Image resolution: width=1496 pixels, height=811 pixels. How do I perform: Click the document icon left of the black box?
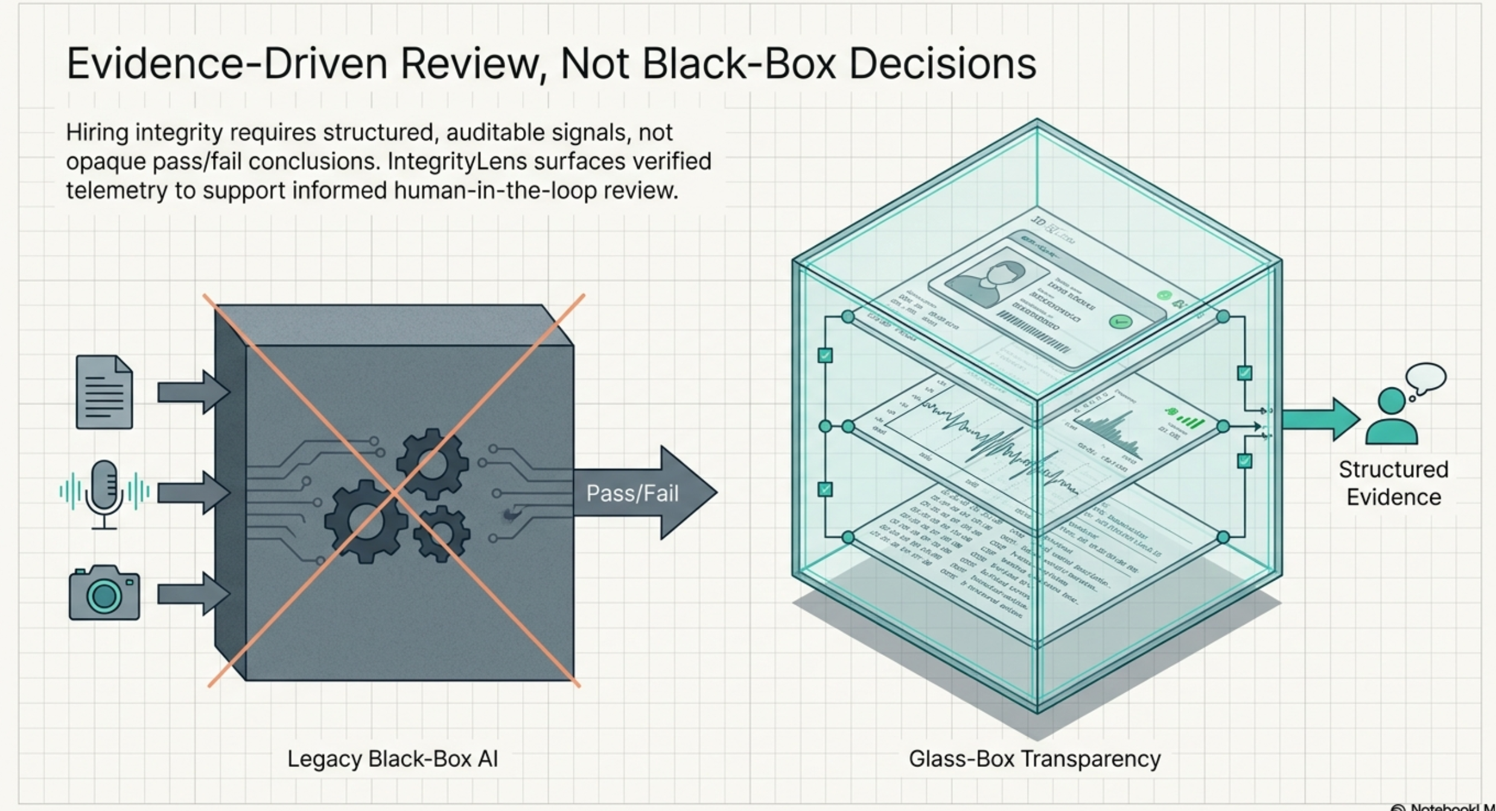point(104,392)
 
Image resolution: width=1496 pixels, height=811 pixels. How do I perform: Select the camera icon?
point(104,593)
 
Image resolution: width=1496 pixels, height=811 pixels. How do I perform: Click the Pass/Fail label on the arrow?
point(632,494)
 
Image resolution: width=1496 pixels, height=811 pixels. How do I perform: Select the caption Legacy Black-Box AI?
point(392,759)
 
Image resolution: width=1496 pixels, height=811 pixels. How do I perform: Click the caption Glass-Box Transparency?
point(1034,759)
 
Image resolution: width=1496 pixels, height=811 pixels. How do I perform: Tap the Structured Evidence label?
point(1393,483)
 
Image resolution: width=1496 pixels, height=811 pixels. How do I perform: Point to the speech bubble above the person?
point(1427,378)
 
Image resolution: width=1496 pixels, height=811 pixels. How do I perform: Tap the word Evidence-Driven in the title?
point(226,64)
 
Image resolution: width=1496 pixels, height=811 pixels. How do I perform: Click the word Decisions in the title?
point(942,64)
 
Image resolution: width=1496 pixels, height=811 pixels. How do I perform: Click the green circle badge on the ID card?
point(1121,322)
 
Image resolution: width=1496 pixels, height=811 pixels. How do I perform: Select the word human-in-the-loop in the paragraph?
point(495,191)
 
